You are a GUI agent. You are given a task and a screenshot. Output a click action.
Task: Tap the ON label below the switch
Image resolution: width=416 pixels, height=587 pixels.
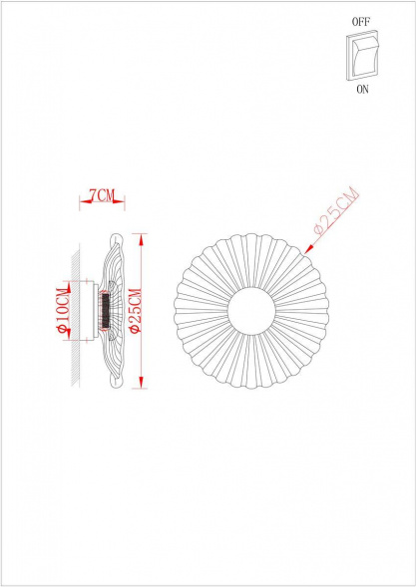[361, 89]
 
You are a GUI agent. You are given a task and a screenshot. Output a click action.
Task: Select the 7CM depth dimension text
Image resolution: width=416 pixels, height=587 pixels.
[100, 194]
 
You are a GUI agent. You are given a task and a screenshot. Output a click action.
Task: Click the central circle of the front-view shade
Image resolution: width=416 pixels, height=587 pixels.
[251, 309]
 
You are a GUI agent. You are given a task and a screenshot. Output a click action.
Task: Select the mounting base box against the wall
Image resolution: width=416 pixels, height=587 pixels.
[89, 309]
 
